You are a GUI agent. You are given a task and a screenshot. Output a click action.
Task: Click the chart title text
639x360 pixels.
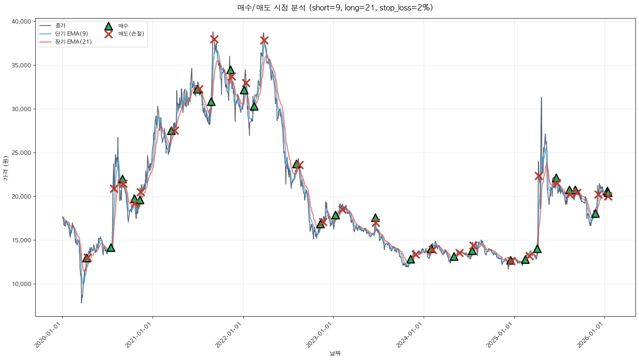pos(335,8)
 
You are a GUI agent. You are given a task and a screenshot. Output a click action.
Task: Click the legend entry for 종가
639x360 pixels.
pos(60,26)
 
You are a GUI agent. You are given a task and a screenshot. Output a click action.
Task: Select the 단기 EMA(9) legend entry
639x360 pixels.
pos(71,34)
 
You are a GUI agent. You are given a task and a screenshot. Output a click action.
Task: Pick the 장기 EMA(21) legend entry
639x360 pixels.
pos(73,42)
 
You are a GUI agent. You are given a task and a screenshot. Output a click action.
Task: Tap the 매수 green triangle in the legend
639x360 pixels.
pos(109,26)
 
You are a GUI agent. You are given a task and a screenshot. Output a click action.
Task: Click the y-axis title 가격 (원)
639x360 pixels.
pos(5,168)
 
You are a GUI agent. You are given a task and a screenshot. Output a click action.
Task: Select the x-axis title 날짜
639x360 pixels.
pos(335,353)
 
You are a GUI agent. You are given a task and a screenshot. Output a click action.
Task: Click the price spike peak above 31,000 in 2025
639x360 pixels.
pos(541,98)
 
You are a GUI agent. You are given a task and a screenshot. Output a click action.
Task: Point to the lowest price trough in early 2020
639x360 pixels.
pos(81,302)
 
